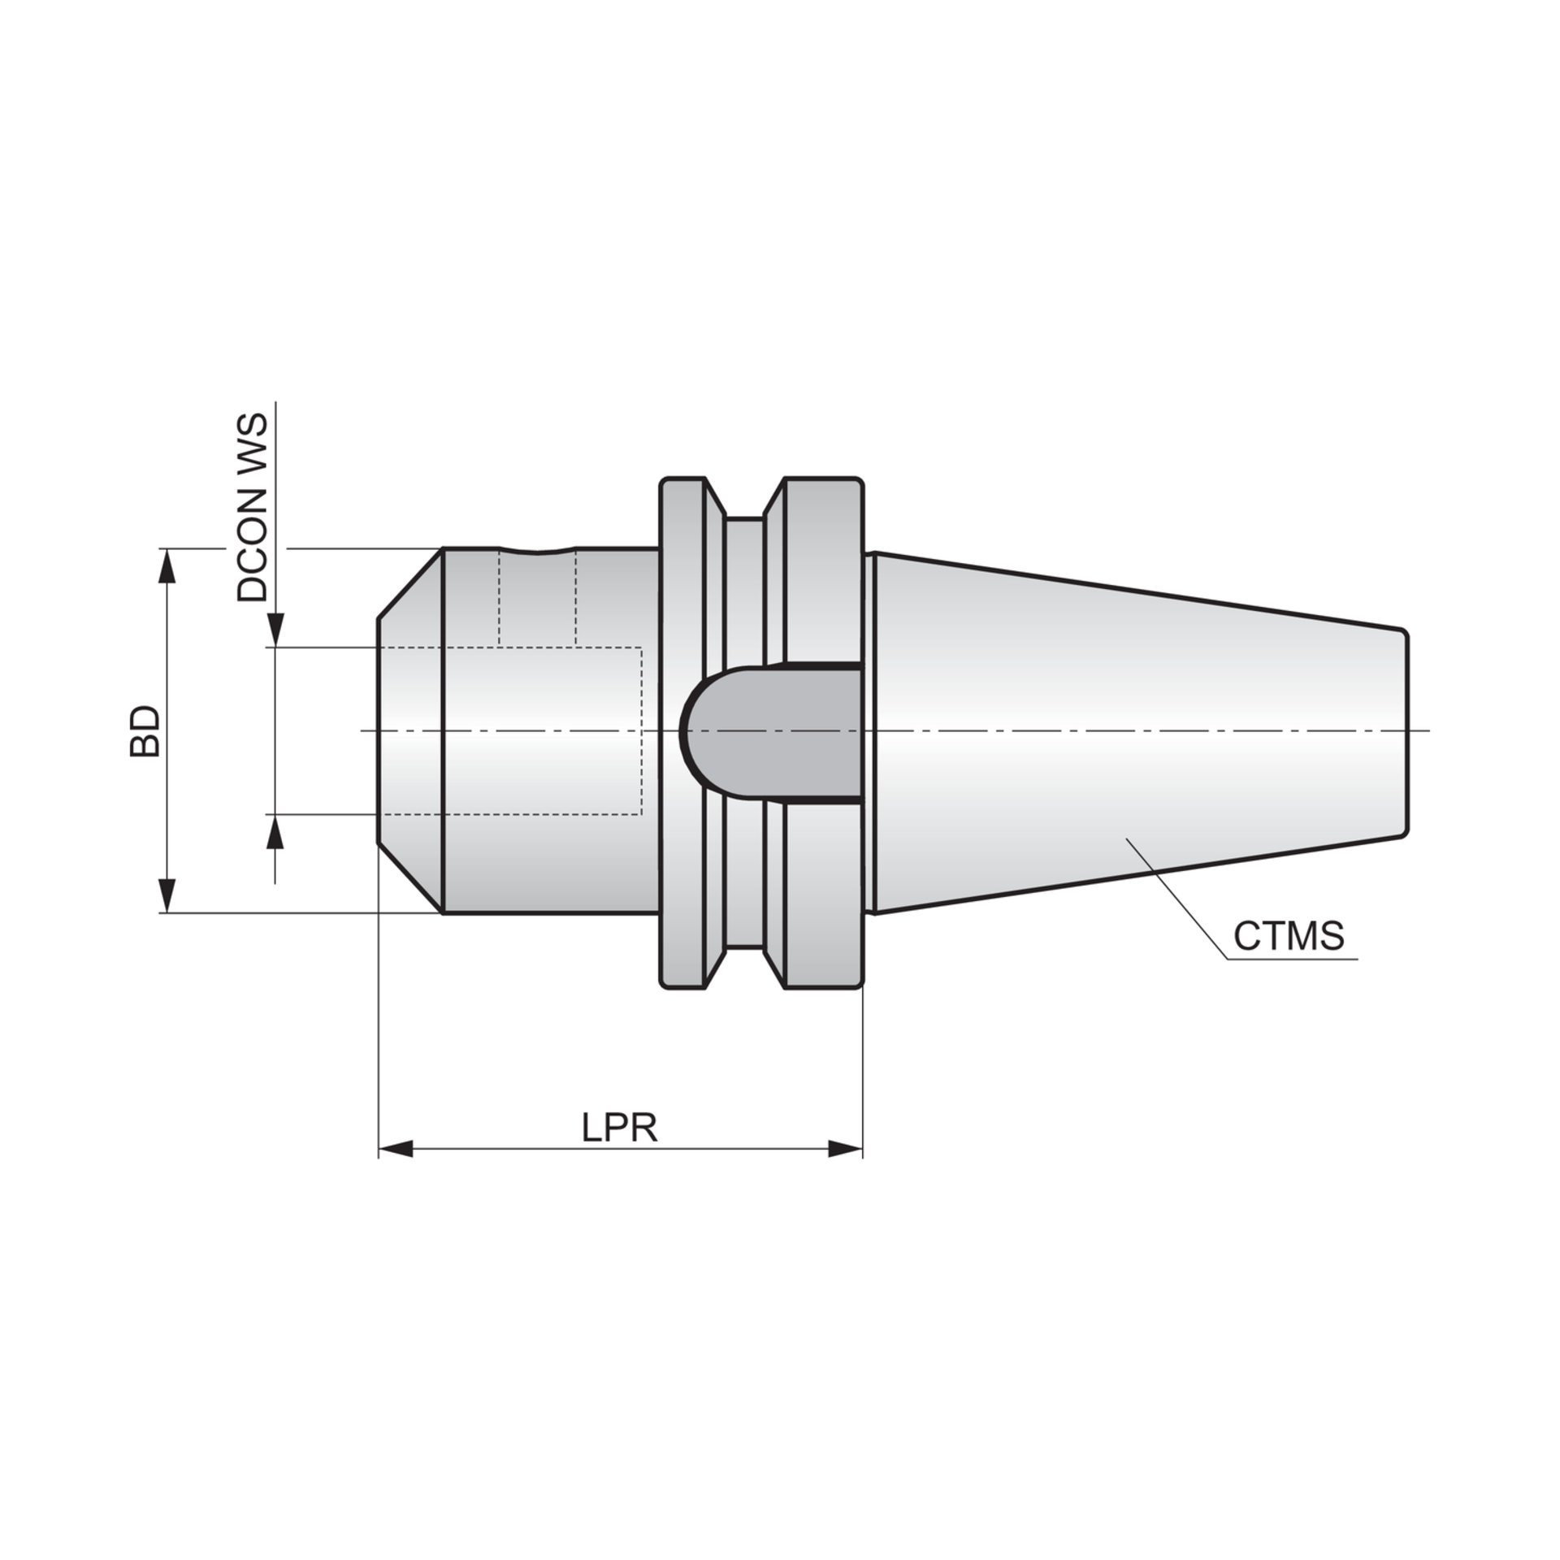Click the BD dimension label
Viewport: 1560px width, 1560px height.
coord(145,731)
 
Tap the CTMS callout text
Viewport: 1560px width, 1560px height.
coord(1289,936)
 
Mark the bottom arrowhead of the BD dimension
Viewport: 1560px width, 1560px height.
coord(167,895)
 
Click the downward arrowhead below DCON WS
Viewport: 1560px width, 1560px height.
coord(276,630)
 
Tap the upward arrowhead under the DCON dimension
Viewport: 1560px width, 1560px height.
coord(276,832)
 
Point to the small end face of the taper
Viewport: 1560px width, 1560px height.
coord(1406,731)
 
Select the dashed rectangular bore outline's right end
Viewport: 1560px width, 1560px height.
coord(641,731)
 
